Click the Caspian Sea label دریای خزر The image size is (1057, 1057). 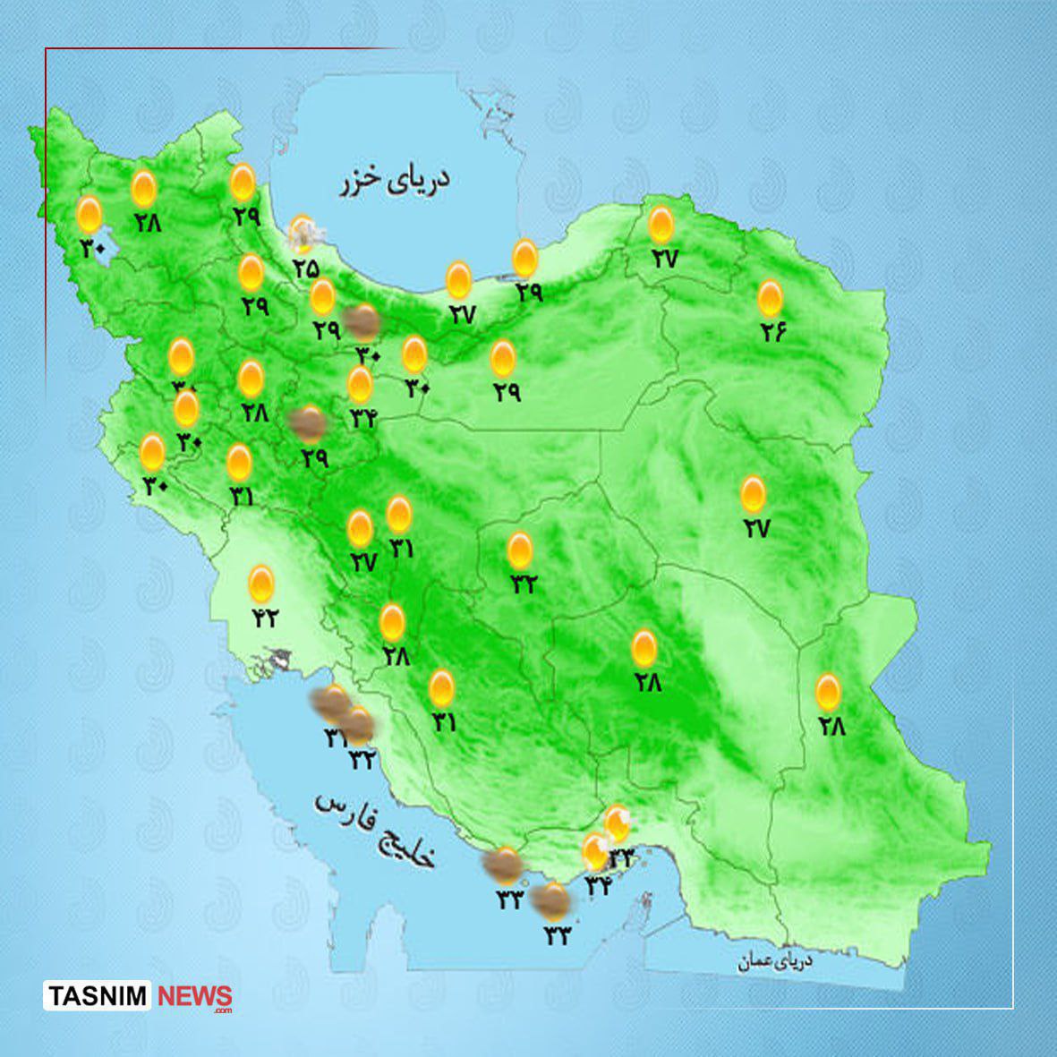click(x=394, y=181)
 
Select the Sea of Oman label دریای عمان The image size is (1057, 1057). click(x=775, y=961)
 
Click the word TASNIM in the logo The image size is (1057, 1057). click(x=98, y=995)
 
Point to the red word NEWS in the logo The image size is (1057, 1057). click(x=194, y=995)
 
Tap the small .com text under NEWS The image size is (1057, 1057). click(x=222, y=1010)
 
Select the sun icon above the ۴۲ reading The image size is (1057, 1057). click(x=261, y=584)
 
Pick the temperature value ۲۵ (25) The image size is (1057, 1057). click(x=305, y=267)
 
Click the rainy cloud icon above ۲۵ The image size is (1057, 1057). click(x=303, y=234)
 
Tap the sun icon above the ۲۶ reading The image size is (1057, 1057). click(x=771, y=298)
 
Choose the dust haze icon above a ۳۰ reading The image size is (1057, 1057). click(x=363, y=320)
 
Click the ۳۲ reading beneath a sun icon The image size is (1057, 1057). click(x=523, y=584)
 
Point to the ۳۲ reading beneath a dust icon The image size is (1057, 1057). click(x=362, y=759)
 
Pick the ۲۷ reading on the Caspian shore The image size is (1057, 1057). click(x=463, y=315)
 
